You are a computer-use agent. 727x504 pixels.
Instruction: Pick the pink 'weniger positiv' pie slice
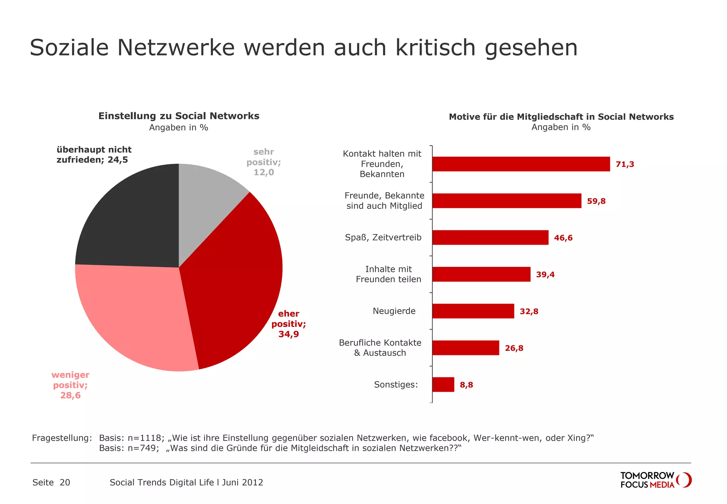[138, 320]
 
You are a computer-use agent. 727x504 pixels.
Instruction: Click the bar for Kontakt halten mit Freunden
[521, 164]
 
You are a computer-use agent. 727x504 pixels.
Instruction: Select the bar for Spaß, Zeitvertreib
[490, 237]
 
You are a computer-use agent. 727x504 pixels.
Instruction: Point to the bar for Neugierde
[473, 311]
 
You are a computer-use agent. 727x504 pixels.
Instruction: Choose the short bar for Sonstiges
[443, 385]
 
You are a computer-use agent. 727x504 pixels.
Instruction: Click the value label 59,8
[596, 201]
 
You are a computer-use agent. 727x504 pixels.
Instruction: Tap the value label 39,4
[545, 274]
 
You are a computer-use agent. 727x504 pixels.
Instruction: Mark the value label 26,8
[514, 348]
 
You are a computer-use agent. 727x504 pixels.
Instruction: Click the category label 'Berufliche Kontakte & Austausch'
[380, 348]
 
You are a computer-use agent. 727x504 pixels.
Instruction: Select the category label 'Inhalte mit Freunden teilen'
[388, 274]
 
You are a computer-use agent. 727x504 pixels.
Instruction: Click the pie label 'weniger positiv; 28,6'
[70, 385]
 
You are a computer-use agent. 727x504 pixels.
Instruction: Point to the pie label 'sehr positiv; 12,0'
[264, 162]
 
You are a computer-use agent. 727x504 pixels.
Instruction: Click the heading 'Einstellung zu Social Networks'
[179, 116]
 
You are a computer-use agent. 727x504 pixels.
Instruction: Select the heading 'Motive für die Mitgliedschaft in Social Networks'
[561, 117]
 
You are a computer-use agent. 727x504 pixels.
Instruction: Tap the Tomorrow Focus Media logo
[655, 480]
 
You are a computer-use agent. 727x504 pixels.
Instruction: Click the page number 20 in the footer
[65, 482]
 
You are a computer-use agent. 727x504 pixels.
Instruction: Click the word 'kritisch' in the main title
[435, 48]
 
